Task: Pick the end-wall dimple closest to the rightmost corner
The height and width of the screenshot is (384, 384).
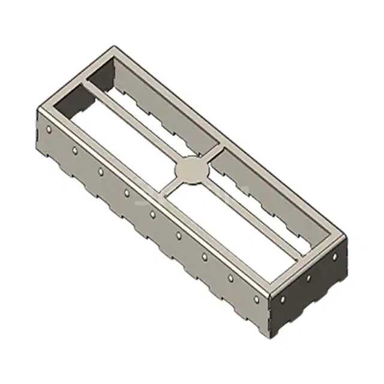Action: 335,256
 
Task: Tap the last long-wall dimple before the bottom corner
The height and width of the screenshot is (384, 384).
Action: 256,299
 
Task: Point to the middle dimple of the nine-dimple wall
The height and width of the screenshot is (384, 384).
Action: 152,214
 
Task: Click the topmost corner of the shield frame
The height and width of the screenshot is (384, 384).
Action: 113,46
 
